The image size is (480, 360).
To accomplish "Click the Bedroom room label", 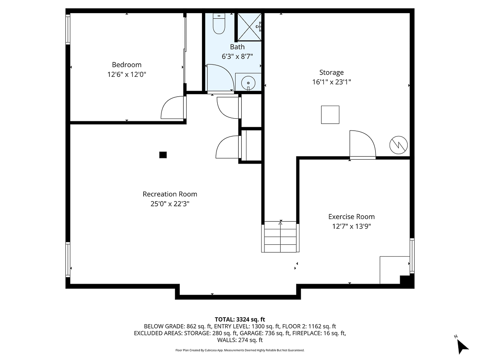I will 127,65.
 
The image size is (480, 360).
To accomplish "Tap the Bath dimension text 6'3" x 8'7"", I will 237,56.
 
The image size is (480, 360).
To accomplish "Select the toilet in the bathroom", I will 218,24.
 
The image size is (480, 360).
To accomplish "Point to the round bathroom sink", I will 248,82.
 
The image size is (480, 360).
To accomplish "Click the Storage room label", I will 331,72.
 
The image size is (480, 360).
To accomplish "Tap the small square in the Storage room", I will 330,115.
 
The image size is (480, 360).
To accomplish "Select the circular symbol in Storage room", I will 398,145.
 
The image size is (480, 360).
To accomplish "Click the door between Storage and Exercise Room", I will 362,145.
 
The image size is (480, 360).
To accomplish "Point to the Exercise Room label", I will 351,216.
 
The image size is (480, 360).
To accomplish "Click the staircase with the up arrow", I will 281,237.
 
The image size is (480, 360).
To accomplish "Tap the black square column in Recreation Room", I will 163,154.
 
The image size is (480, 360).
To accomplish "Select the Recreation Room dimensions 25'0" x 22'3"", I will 170,203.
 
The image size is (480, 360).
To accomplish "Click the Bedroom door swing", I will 173,108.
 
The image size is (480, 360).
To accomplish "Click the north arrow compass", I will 461,345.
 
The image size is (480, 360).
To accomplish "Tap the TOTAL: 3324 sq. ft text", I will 240,319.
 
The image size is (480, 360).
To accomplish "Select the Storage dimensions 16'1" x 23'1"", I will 331,82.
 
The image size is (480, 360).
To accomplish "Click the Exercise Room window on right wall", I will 412,255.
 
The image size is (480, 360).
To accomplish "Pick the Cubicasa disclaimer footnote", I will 240,350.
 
